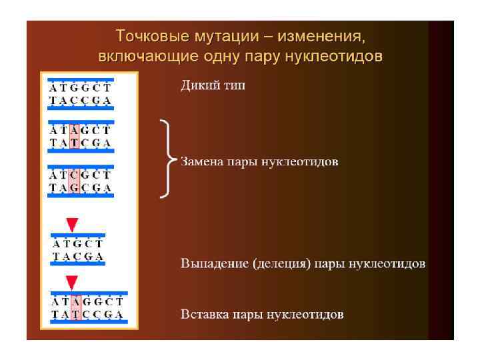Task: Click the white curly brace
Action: (x=167, y=159)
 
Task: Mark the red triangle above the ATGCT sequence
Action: (x=72, y=223)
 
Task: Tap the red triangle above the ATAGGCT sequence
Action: (x=72, y=282)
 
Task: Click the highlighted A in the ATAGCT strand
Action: (x=75, y=130)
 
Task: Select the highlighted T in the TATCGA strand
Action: (x=75, y=143)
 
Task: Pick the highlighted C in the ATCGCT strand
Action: (x=75, y=175)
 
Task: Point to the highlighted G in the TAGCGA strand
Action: (x=75, y=187)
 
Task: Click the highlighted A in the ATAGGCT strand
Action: (x=76, y=301)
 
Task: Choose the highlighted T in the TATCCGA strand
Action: (x=76, y=314)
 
